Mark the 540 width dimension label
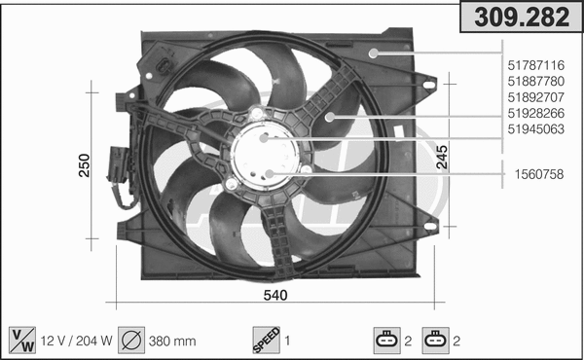click(275, 295)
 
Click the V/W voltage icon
click(19, 341)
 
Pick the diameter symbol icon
click(132, 341)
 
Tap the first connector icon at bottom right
click(386, 341)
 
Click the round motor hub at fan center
click(266, 156)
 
